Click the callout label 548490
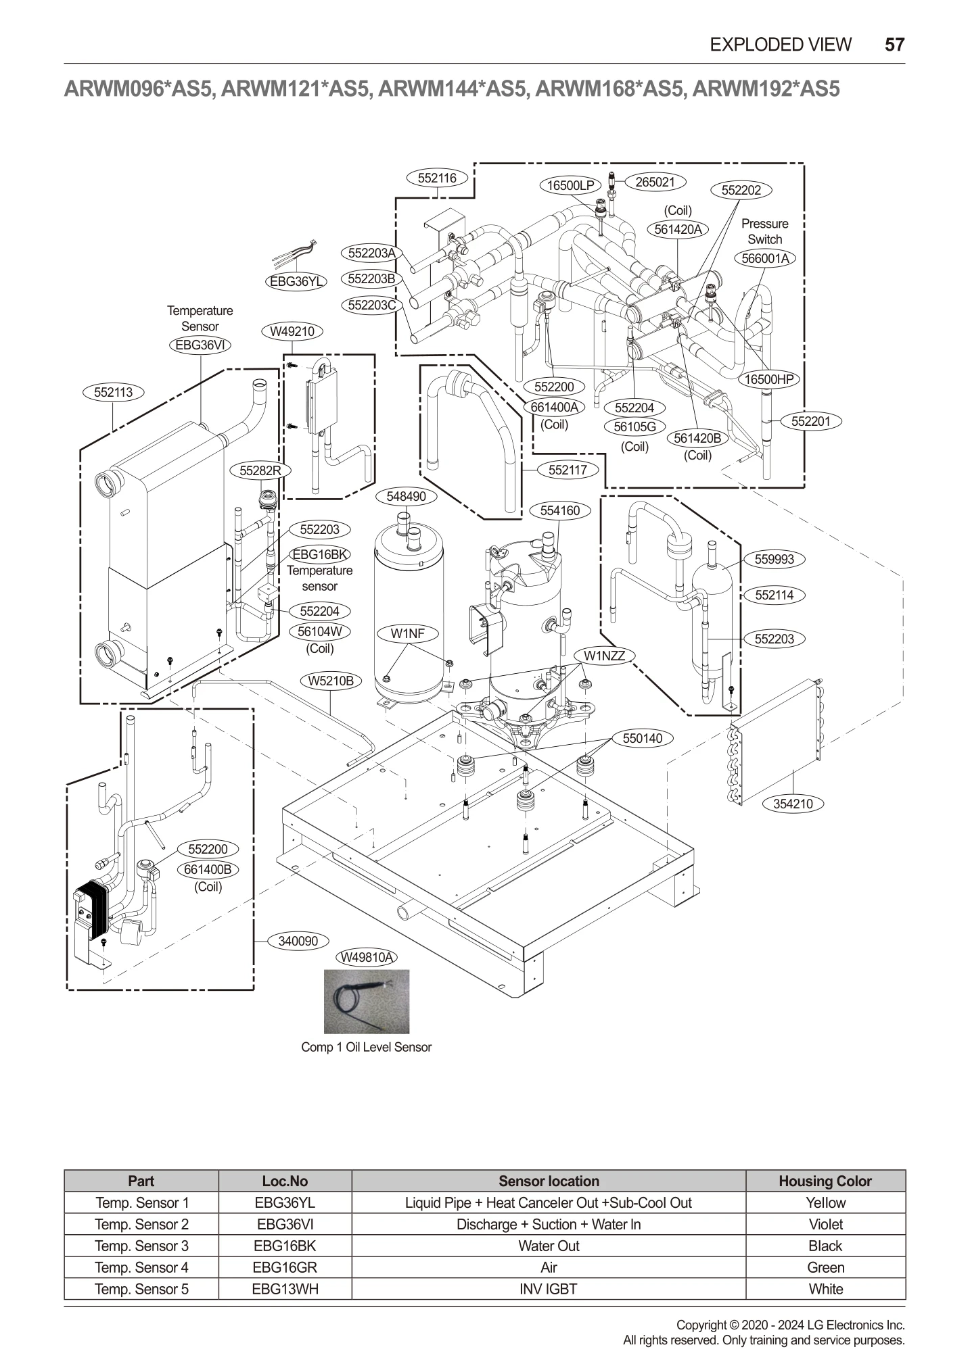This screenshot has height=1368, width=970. coord(406,496)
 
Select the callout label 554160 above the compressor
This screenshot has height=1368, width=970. coord(559,510)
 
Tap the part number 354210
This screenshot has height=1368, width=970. coord(792,804)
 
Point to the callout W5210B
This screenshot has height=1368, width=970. coord(331,681)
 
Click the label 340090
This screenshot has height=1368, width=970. coord(298,941)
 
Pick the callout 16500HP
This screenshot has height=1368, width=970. coord(768,379)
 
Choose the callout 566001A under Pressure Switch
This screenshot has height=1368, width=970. coord(765,258)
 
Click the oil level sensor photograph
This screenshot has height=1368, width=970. coord(366,1002)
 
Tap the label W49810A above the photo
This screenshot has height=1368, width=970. coord(367,957)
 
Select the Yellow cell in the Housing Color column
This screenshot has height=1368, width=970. coord(825,1202)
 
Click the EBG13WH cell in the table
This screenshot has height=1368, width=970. coord(285,1289)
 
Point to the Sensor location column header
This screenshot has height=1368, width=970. coord(548,1181)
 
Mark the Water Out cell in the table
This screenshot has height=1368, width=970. coord(548,1246)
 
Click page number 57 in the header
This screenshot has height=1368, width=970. coord(894,45)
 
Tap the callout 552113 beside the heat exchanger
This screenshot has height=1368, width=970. coord(113,392)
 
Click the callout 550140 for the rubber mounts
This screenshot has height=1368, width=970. coord(642,738)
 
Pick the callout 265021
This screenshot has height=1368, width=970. coord(655,182)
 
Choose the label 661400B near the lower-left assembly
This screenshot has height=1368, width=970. coord(208,870)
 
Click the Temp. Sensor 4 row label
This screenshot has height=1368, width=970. coord(141,1267)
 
